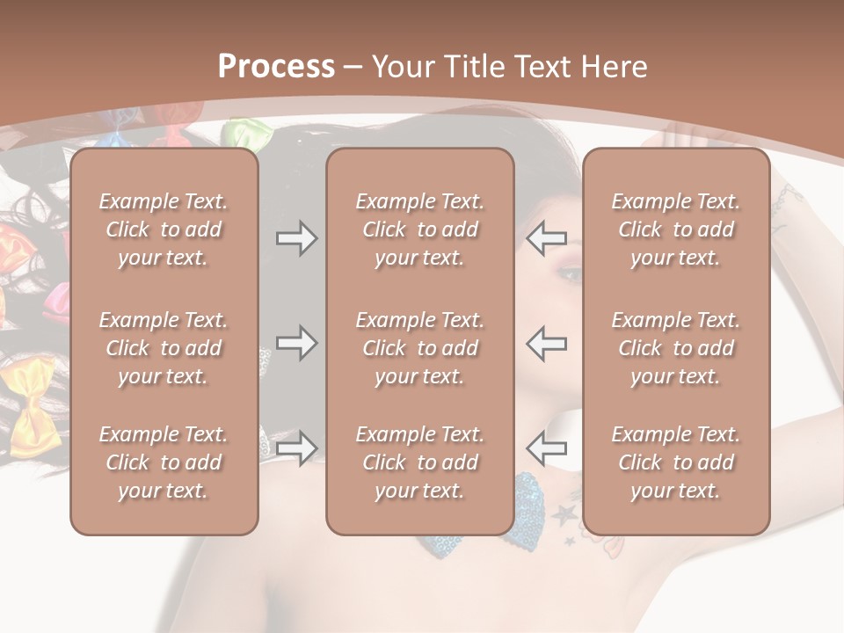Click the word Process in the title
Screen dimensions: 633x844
[276, 67]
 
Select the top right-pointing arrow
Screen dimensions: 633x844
[297, 238]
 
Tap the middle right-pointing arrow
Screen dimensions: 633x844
[297, 343]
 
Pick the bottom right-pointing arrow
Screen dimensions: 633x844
[297, 447]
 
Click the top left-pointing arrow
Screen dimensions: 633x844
[546, 238]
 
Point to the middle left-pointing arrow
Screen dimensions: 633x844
[546, 343]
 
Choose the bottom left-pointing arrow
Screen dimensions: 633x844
[546, 447]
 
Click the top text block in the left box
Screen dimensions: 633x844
[164, 229]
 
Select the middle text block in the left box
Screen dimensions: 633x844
[164, 348]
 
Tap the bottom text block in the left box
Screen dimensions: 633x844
[164, 462]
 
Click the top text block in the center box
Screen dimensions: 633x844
[419, 229]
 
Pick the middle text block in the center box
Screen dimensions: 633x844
[419, 348]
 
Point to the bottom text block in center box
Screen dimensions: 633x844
[419, 462]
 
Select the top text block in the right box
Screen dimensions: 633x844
[676, 229]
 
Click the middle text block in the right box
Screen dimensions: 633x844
[676, 348]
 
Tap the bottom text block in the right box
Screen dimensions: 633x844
[676, 462]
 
